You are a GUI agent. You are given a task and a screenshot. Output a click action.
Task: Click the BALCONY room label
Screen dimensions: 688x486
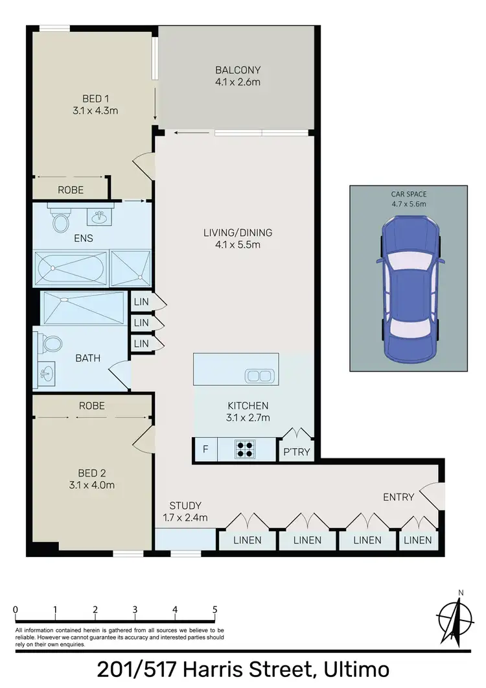tap(238, 70)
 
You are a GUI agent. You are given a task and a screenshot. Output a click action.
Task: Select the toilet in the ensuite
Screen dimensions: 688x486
tap(61, 222)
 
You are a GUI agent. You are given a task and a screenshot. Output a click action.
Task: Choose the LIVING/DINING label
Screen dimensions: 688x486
tap(238, 233)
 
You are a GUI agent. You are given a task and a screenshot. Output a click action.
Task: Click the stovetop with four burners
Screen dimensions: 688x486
tap(246, 449)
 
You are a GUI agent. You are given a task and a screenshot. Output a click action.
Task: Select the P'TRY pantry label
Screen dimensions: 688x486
tap(297, 452)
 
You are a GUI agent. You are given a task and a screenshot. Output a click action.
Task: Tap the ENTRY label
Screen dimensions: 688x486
tap(398, 497)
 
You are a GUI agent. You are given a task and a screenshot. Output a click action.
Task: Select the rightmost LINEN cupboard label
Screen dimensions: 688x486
tap(417, 540)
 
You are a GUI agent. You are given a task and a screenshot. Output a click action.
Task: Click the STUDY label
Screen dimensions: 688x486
tap(185, 505)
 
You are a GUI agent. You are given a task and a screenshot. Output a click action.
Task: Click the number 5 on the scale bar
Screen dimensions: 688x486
tap(214, 610)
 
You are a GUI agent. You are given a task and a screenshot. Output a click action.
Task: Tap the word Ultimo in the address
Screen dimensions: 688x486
tap(355, 669)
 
